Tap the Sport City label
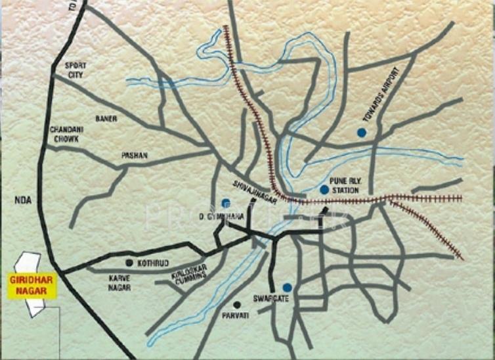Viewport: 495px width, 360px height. click(75, 70)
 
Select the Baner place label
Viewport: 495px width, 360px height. click(106, 119)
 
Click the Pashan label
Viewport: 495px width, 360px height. click(135, 156)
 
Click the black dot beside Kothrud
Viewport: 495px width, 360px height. click(129, 263)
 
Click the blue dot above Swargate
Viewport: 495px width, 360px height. click(287, 287)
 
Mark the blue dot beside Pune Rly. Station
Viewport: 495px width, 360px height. click(324, 190)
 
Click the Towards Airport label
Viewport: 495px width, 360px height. click(381, 95)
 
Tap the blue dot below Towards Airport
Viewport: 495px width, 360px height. click(361, 133)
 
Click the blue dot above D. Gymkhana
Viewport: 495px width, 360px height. click(226, 202)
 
